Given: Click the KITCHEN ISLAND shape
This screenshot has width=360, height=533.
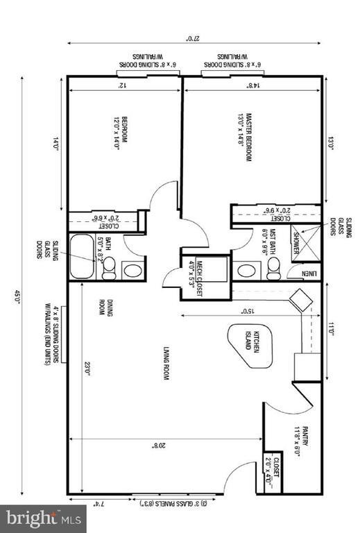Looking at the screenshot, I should [248, 344].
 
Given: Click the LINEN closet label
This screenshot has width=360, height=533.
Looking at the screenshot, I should [310, 273].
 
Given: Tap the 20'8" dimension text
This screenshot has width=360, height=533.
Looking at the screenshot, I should [162, 446].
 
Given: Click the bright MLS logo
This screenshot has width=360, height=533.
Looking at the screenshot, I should [43, 518].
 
